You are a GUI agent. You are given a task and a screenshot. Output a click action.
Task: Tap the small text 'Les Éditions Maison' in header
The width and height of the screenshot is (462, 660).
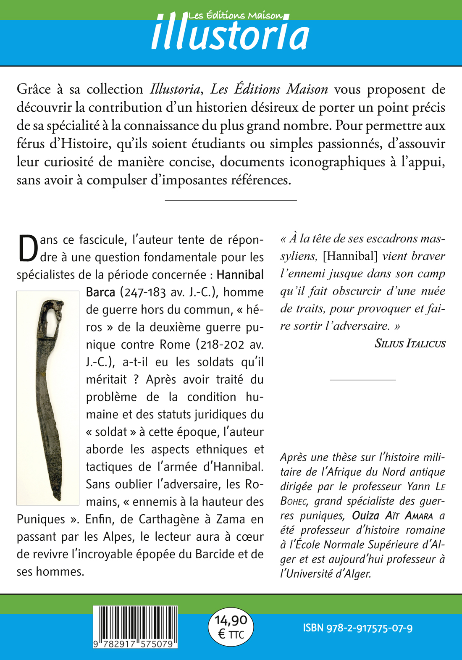pos(235,16)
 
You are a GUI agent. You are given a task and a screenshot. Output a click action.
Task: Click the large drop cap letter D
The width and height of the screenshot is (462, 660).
pos(28,248)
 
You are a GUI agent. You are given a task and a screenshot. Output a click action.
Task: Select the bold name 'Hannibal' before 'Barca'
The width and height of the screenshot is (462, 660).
pos(240,275)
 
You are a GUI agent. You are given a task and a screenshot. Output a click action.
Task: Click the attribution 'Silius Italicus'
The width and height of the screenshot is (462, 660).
pos(409,344)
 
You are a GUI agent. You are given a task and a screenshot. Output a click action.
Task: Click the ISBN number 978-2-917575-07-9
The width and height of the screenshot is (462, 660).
pos(357,628)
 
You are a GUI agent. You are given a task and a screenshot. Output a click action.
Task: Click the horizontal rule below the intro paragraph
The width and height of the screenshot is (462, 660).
pos(231,200)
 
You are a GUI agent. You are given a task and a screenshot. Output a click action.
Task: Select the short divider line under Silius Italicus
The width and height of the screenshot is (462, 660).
pos(362,380)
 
